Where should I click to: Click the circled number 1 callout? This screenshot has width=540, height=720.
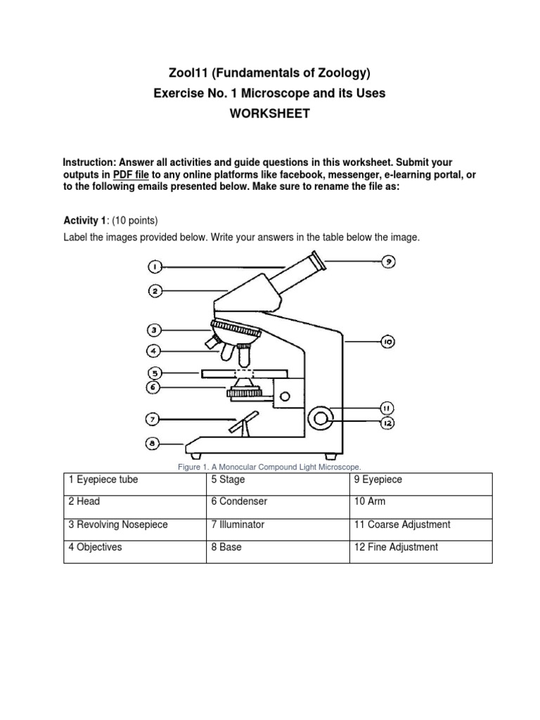tap(155, 266)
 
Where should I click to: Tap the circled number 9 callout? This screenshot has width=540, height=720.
tap(387, 262)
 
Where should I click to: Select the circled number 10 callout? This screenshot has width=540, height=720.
tap(387, 342)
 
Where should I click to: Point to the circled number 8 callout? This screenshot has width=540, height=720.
tap(154, 444)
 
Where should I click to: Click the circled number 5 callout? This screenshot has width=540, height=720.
tap(154, 373)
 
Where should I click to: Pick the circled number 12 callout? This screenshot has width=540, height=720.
tap(387, 423)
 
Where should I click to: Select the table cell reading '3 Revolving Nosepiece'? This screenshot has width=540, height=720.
tap(134, 525)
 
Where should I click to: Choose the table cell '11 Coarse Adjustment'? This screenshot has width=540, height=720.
tap(420, 525)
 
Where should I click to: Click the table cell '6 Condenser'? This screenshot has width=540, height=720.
tap(277, 502)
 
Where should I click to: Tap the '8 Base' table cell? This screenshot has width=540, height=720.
tap(277, 547)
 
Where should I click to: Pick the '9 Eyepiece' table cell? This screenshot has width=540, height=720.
tap(420, 480)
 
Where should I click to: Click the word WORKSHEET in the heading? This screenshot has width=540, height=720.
tap(270, 114)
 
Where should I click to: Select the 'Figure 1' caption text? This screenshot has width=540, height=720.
tap(270, 467)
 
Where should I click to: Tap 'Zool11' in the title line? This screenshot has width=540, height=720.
tap(188, 72)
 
